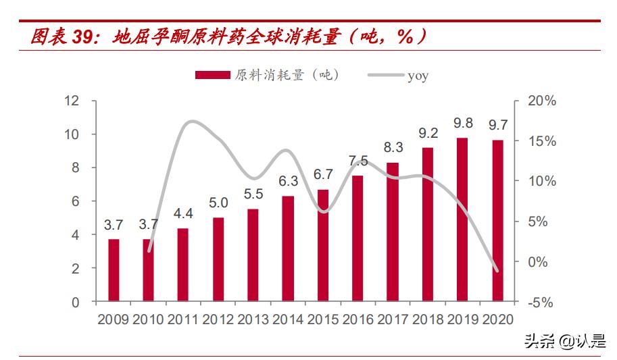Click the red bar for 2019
[x=462, y=220]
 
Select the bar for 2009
[x=114, y=270]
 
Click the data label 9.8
[x=463, y=123]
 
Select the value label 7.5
[x=358, y=161]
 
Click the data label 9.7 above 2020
[x=498, y=125]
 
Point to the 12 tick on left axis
[x=72, y=101]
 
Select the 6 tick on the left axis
[x=75, y=201]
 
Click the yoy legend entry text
[x=418, y=76]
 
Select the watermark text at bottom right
[x=564, y=341]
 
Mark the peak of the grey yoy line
[x=192, y=122]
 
